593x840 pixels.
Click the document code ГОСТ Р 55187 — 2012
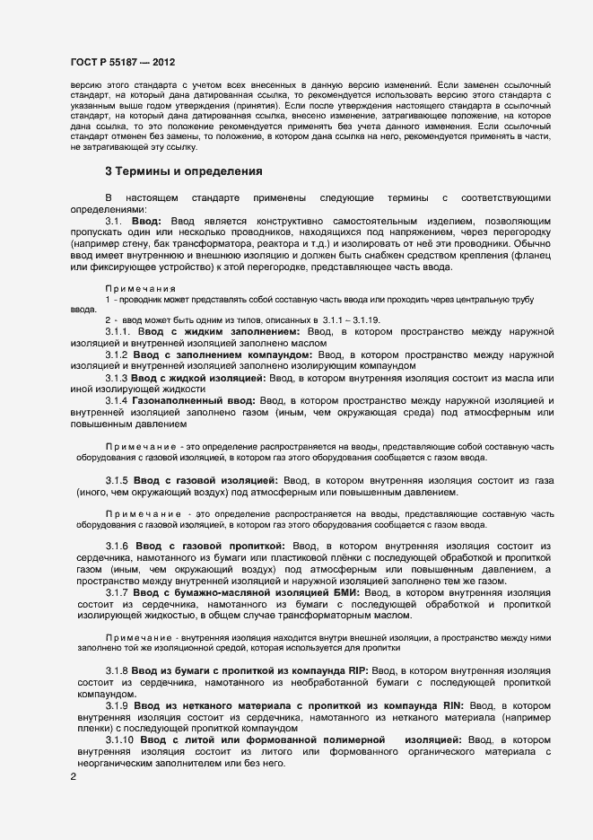coord(123,62)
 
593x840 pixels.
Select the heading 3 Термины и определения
coord(183,171)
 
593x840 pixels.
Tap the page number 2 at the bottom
coord(74,777)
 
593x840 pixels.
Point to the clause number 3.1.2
coord(118,355)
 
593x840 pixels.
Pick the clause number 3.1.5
coord(118,480)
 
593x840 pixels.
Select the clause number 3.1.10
coord(120,739)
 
